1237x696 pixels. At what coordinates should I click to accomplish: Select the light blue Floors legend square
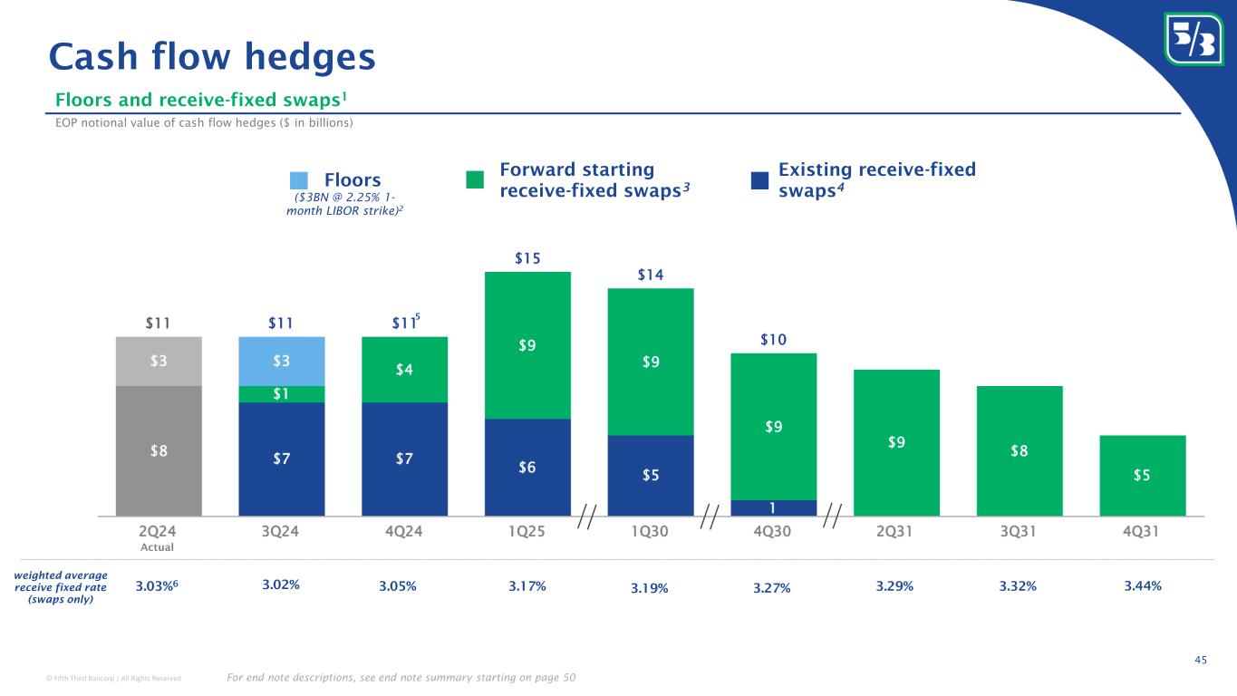click(x=299, y=180)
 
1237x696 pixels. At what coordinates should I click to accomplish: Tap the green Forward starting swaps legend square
click(x=475, y=180)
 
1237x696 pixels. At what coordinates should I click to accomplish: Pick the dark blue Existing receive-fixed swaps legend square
click(x=759, y=180)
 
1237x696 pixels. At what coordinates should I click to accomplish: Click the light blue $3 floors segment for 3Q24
click(x=282, y=361)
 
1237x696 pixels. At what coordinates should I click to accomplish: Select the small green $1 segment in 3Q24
click(x=282, y=393)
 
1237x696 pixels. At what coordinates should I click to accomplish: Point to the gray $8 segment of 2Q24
click(x=159, y=450)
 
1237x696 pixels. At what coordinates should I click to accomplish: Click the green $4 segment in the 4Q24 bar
click(x=404, y=369)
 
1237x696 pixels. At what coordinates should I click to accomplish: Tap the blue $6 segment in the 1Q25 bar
click(x=527, y=467)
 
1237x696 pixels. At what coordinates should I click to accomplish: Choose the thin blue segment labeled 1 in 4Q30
click(x=773, y=507)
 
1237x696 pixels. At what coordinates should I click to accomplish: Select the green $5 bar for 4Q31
click(x=1143, y=475)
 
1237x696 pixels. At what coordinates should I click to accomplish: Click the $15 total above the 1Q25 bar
click(x=527, y=259)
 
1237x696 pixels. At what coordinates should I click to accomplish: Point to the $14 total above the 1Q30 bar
click(x=650, y=275)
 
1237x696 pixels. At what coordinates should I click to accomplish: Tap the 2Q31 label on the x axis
click(x=896, y=531)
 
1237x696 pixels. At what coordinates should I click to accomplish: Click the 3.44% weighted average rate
click(x=1143, y=586)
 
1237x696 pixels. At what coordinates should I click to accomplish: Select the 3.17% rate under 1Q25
click(x=527, y=586)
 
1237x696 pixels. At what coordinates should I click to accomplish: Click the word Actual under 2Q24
click(x=159, y=547)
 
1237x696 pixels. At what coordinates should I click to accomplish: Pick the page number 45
click(x=1201, y=660)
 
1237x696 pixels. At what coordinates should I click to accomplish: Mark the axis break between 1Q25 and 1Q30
click(x=588, y=517)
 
